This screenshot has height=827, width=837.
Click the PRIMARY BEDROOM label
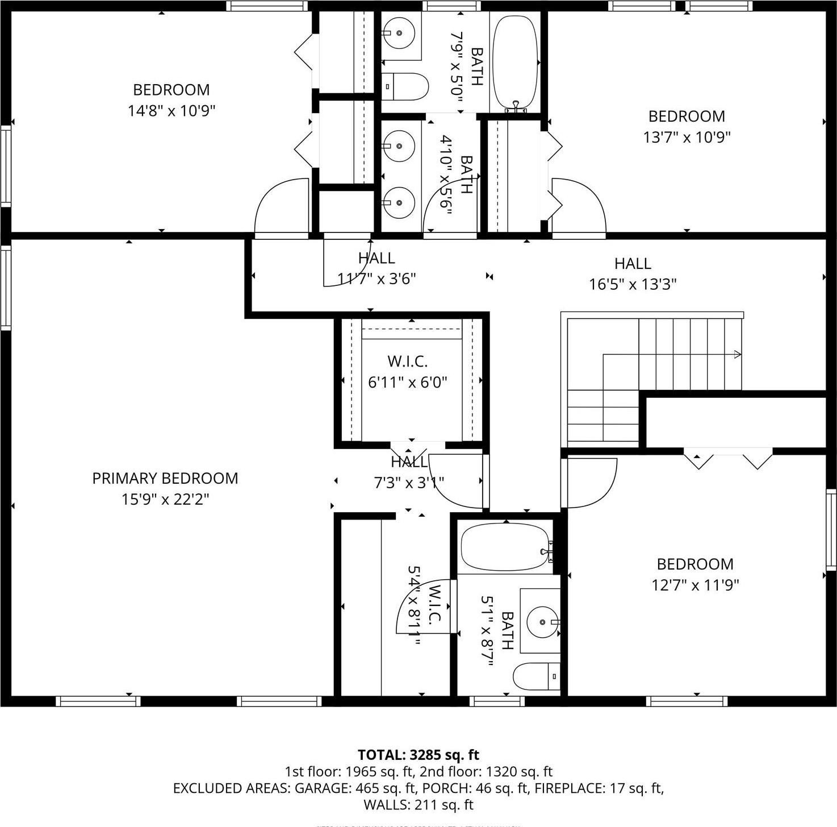pyautogui.click(x=165, y=478)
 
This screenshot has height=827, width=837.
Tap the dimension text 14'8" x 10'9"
pyautogui.click(x=171, y=110)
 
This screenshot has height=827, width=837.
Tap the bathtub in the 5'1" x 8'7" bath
pyautogui.click(x=505, y=547)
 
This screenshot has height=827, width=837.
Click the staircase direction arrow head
pyautogui.click(x=738, y=355)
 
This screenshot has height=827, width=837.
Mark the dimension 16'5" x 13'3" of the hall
pyautogui.click(x=633, y=284)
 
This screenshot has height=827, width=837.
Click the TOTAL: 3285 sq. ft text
pyautogui.click(x=418, y=755)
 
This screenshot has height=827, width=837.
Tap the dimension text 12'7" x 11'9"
pyautogui.click(x=695, y=585)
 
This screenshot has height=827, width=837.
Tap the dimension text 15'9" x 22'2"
pyautogui.click(x=165, y=499)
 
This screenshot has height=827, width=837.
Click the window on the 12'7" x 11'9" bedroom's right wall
pyautogui.click(x=831, y=530)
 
